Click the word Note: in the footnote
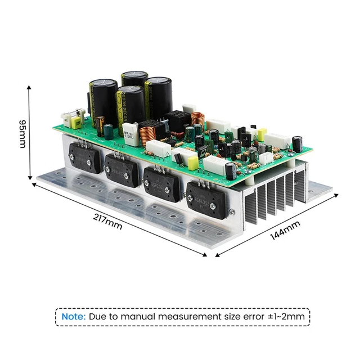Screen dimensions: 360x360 point(73,316)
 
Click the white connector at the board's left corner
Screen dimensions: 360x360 point(73,120)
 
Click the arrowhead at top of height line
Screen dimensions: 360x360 point(29,86)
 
